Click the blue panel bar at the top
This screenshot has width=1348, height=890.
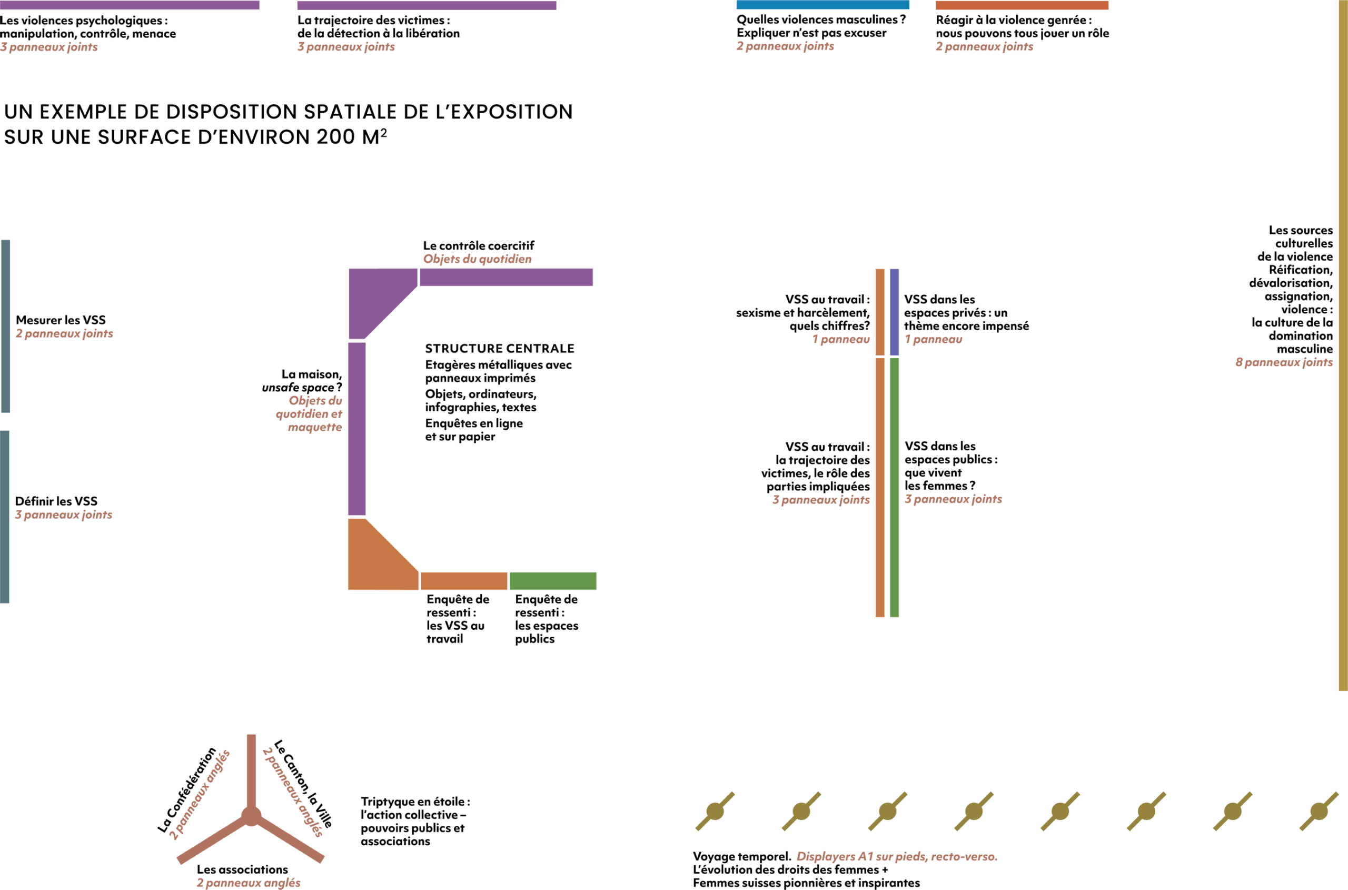tap(822, 5)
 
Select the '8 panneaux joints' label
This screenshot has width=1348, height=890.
tap(1283, 363)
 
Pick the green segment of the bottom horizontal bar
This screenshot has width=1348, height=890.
tap(552, 581)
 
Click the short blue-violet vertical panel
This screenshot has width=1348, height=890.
tap(894, 312)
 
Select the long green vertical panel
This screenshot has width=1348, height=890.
tap(894, 487)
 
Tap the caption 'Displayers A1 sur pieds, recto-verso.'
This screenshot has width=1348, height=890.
tap(896, 856)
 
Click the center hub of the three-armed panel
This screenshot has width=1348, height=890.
tap(251, 816)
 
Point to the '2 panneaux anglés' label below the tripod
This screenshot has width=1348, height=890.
tap(248, 883)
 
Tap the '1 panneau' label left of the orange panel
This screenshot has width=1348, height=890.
tap(840, 340)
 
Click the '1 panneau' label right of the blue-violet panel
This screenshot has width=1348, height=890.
tap(933, 340)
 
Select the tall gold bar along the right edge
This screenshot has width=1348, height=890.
tap(1343, 341)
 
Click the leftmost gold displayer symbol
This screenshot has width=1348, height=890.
tap(715, 811)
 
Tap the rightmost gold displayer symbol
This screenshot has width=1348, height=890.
tap(1319, 811)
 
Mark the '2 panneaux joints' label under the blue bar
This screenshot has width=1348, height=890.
tap(785, 46)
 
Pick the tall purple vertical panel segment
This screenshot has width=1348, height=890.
tap(356, 429)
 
